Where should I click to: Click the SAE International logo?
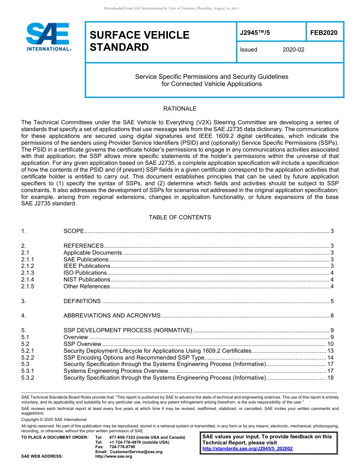point(48,37)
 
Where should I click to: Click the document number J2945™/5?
point(255,33)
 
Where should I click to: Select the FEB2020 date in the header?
point(324,33)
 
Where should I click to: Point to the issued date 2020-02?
point(293,50)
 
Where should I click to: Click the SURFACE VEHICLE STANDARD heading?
point(139,41)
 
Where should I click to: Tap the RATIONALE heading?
point(180,109)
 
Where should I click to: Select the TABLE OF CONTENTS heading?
point(180,217)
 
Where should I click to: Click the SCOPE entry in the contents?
point(74,231)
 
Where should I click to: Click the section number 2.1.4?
point(28,280)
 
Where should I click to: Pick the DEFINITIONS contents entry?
point(82,301)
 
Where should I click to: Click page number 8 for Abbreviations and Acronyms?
point(332,315)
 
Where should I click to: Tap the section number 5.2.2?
point(28,358)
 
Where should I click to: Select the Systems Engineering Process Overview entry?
point(116,371)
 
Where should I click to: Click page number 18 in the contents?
point(330,378)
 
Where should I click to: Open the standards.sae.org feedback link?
point(247,449)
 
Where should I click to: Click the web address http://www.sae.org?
point(114,457)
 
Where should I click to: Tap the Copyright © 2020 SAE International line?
point(54,419)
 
